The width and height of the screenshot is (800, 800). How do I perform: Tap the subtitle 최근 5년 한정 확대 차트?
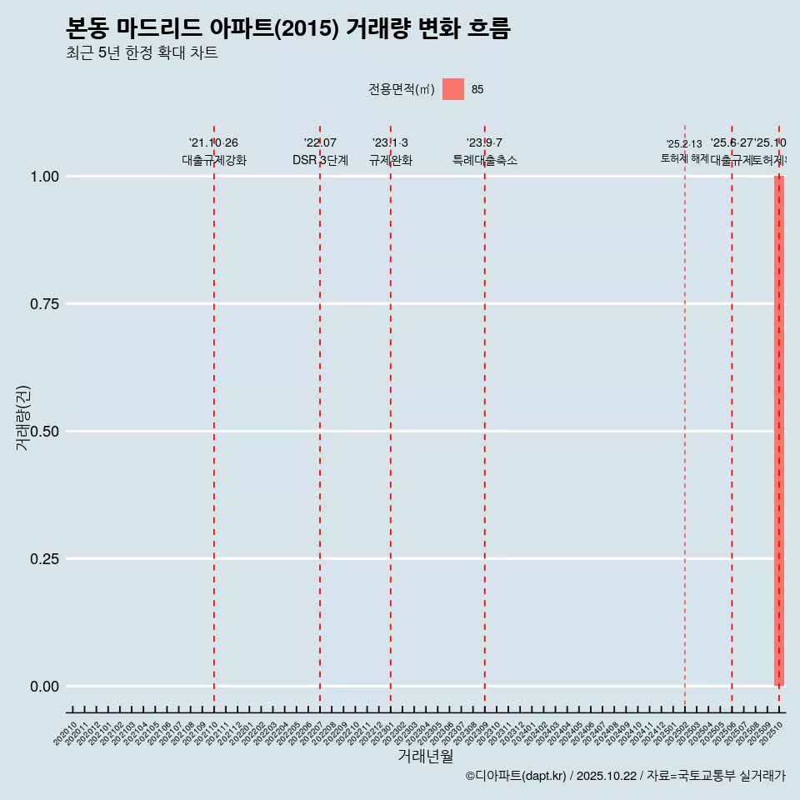tap(142, 53)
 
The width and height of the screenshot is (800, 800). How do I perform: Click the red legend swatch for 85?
tap(452, 89)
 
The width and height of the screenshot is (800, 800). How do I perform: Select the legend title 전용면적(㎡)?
tap(402, 89)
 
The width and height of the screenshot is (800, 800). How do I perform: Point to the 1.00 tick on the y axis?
tap(44, 177)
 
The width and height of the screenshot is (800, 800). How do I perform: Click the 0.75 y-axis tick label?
tap(44, 304)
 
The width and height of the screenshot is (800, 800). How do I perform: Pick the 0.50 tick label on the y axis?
tap(44, 432)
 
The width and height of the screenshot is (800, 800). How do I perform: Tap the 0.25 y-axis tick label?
tap(44, 559)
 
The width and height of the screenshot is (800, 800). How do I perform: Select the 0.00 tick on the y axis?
tap(44, 687)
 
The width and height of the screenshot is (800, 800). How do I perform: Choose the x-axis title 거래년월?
tap(426, 757)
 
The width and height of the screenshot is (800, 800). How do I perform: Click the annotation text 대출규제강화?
tap(214, 160)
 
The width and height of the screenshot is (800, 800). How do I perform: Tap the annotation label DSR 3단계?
tap(320, 160)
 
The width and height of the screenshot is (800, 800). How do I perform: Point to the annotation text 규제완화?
tap(391, 160)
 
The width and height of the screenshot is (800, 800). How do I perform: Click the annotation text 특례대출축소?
tap(485, 160)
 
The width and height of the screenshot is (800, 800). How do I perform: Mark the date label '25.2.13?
tap(684, 144)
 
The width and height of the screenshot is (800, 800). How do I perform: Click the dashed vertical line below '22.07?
tap(320, 417)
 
